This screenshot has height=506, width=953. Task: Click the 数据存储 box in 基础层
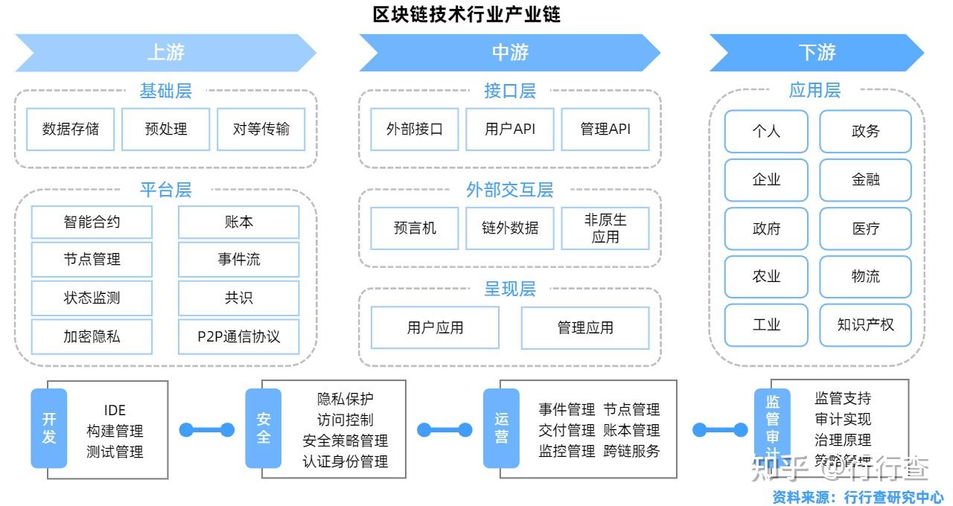point(71,129)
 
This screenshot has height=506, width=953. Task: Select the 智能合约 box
point(92,222)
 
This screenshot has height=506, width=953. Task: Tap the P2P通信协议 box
point(238,336)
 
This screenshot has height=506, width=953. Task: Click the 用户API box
point(510,129)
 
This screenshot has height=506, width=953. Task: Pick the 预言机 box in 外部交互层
point(415,228)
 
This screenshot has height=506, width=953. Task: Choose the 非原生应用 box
point(605,228)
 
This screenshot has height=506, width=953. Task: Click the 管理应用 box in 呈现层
point(585,327)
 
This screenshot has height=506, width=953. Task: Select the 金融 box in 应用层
point(865,179)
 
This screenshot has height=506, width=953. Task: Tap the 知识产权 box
point(865,325)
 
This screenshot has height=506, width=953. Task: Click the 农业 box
point(766,276)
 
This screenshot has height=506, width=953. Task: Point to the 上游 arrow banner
point(165,52)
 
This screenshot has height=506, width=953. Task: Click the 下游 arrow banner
point(817,52)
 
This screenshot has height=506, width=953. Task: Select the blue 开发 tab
point(49,428)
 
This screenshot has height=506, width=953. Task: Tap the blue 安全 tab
point(264,428)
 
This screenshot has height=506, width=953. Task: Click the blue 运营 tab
point(501,428)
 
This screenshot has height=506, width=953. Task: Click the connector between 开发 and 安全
point(206,429)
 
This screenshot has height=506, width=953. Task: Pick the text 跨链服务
point(631,451)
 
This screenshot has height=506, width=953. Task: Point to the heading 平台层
point(165,190)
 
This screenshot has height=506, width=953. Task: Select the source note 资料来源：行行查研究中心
point(858,497)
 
